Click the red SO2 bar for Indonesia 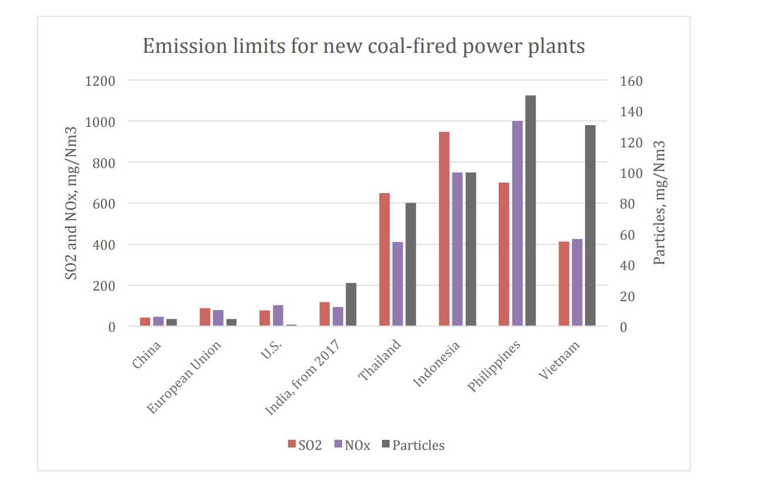coord(444,229)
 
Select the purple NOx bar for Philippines coord(518,223)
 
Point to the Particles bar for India coord(351,304)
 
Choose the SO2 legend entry coord(305,445)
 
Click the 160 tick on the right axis coord(631,80)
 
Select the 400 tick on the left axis coord(103,244)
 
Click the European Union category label coord(185,377)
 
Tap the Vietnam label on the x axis coord(560,359)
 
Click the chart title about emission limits coord(364,46)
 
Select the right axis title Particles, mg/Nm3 coord(660,203)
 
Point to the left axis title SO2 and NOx coord(71,203)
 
